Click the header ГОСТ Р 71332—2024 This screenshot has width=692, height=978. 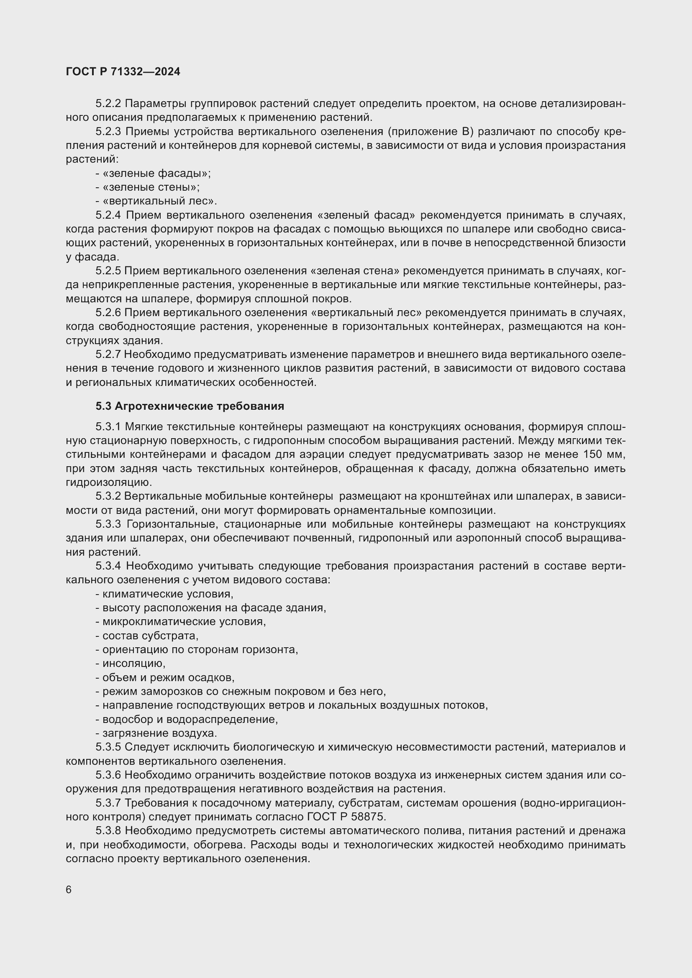coord(123,71)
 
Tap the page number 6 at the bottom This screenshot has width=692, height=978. coord(69,890)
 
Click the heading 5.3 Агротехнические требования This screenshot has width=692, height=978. coord(190,406)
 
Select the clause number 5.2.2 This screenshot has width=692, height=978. coord(108,104)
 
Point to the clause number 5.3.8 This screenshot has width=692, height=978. coord(108,831)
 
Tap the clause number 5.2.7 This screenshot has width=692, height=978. coord(108,355)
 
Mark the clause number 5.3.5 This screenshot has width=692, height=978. coord(108,747)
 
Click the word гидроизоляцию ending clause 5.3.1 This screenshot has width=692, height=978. coord(108,483)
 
